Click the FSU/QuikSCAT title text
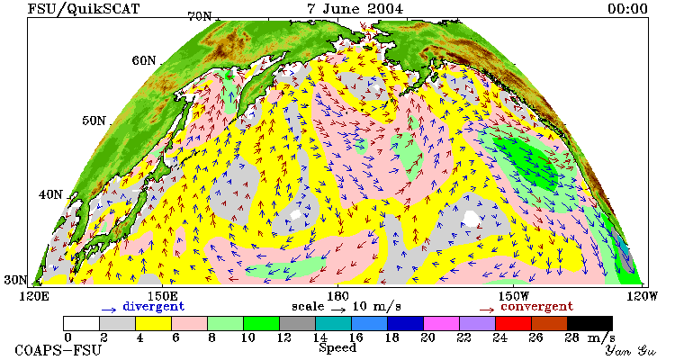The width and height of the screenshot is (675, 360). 84,9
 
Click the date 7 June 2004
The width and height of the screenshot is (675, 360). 355,9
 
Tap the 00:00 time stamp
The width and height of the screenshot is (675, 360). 627,9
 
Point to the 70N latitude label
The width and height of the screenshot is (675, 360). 200,16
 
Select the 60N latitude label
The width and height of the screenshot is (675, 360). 144,60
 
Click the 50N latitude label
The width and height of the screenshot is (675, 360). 94,120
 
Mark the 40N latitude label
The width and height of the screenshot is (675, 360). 50,194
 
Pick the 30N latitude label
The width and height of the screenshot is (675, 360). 15,280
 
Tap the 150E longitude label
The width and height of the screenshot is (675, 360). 162,296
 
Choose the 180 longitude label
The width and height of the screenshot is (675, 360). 337,296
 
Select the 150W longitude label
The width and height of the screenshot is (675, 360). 514,296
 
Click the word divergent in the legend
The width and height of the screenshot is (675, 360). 154,307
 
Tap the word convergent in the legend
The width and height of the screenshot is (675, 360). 536,307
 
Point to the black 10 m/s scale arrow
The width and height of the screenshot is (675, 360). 338,309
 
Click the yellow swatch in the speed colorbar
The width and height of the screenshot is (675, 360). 153,323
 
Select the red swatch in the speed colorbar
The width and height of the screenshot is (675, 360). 513,323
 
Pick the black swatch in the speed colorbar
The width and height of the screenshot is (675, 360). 589,323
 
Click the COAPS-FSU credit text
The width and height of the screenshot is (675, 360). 58,350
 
